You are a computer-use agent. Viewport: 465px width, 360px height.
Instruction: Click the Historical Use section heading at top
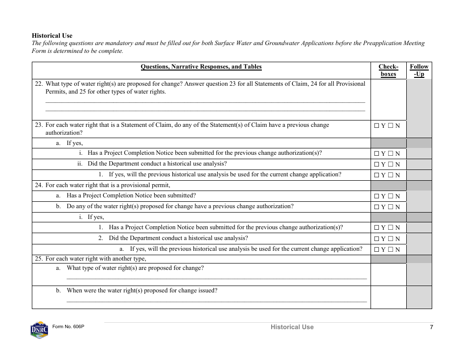(52, 36)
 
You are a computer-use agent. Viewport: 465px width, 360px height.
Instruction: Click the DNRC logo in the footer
(39, 330)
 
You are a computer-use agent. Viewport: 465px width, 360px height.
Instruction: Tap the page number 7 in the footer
(431, 327)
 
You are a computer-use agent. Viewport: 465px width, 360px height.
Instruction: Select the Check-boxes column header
(388, 71)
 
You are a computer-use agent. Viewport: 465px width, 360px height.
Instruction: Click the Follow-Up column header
(419, 71)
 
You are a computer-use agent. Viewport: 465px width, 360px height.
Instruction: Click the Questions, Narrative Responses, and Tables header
(201, 67)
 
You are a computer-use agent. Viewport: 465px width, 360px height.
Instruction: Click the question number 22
(39, 84)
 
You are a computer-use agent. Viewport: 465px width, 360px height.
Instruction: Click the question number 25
(39, 259)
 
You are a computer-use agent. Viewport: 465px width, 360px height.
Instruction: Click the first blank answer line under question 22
(205, 102)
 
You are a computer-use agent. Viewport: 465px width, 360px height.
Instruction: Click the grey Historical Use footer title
(292, 327)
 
